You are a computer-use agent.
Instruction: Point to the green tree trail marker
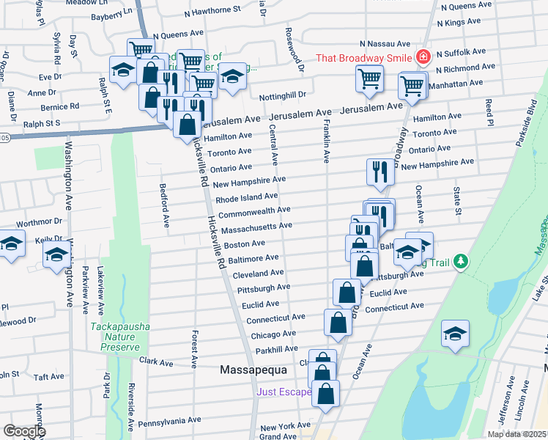pos(460,261)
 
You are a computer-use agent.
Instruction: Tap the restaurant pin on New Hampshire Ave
pos(380,172)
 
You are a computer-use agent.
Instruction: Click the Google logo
pos(24,431)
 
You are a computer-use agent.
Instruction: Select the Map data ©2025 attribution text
pos(516,434)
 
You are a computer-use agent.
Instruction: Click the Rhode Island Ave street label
pos(246,197)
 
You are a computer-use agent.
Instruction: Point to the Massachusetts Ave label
pos(256,227)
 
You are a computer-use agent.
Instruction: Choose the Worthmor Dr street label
pos(37,222)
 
